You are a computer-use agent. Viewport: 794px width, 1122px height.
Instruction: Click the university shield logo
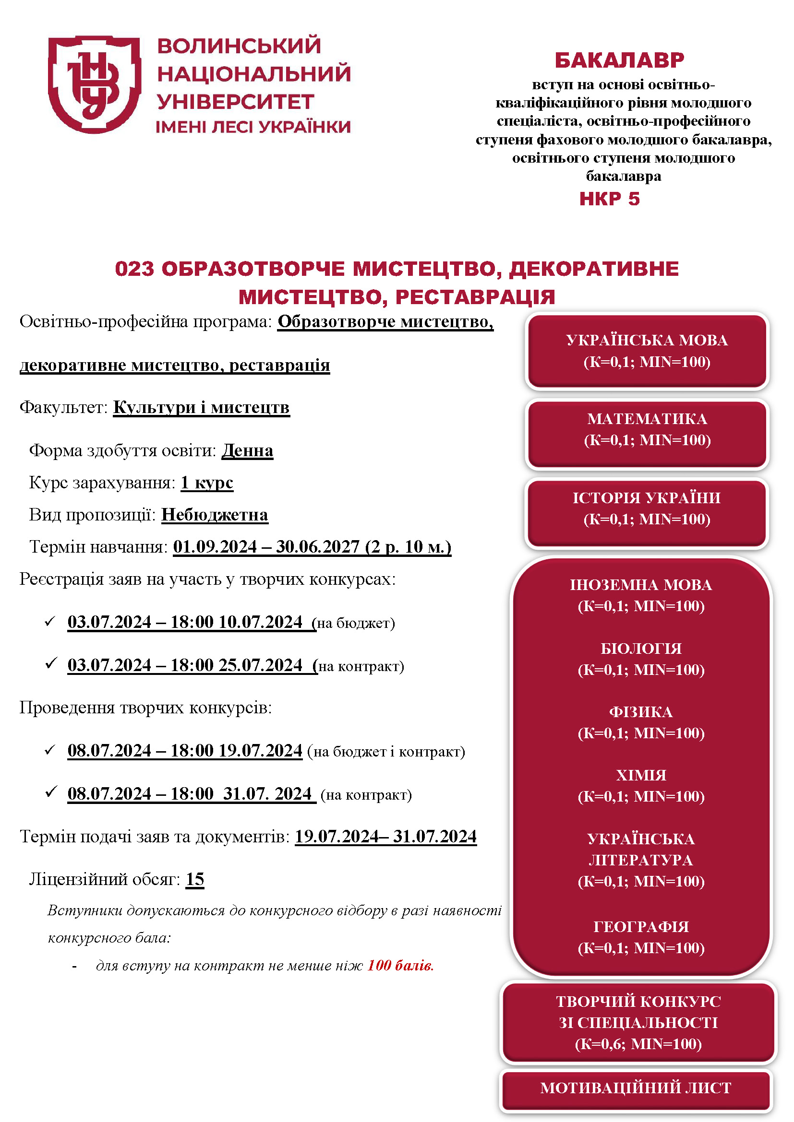click(x=94, y=84)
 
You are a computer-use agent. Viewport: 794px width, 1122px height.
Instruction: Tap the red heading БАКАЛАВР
click(x=619, y=60)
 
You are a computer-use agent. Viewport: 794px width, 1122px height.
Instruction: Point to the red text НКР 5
click(x=609, y=199)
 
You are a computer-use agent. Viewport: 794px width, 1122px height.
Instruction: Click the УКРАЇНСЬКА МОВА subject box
click(x=646, y=351)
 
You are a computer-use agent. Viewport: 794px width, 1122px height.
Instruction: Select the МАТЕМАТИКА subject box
click(x=646, y=429)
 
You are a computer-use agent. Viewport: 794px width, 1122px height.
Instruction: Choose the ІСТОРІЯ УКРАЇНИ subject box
click(x=646, y=508)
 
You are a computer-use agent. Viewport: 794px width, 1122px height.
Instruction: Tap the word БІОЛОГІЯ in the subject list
click(x=640, y=649)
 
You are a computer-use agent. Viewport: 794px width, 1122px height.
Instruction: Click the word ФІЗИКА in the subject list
click(x=640, y=712)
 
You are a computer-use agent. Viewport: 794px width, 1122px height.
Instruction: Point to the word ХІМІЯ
click(x=640, y=775)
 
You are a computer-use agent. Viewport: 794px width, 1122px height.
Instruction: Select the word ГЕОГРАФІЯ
click(x=640, y=927)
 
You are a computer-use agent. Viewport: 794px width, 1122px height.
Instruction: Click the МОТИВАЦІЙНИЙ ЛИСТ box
click(x=636, y=1088)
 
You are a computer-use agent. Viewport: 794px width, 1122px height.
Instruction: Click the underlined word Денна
click(x=247, y=450)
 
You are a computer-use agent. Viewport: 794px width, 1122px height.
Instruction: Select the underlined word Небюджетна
click(x=215, y=515)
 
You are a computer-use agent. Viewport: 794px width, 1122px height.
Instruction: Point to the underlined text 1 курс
click(x=207, y=482)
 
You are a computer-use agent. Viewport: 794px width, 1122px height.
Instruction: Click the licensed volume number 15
click(x=194, y=879)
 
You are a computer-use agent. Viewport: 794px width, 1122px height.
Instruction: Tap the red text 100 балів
click(x=400, y=966)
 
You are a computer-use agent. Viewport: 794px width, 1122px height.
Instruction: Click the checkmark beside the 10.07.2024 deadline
click(x=50, y=622)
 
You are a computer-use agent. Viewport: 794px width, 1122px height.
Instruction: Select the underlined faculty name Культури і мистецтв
click(x=201, y=407)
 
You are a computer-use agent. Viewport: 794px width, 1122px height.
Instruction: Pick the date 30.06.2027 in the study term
click(x=318, y=547)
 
